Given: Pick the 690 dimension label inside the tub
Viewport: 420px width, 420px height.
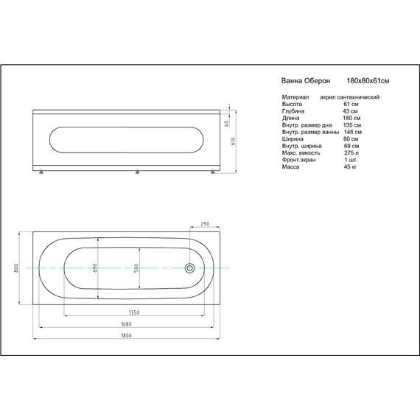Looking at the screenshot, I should pyautogui.click(x=95, y=268).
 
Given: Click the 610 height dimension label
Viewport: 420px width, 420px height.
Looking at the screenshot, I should pyautogui.click(x=234, y=142).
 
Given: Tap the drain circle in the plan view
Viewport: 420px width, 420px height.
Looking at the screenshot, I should pyautogui.click(x=189, y=268).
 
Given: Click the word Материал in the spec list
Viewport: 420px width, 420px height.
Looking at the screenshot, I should pyautogui.click(x=295, y=97).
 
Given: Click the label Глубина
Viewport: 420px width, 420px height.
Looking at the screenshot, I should pyautogui.click(x=293, y=111).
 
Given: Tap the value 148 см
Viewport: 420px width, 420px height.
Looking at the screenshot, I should pyautogui.click(x=351, y=132).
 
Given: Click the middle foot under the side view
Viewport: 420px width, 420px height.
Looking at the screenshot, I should pyautogui.click(x=138, y=174).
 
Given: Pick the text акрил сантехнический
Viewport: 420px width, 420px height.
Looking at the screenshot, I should pyautogui.click(x=350, y=97).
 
